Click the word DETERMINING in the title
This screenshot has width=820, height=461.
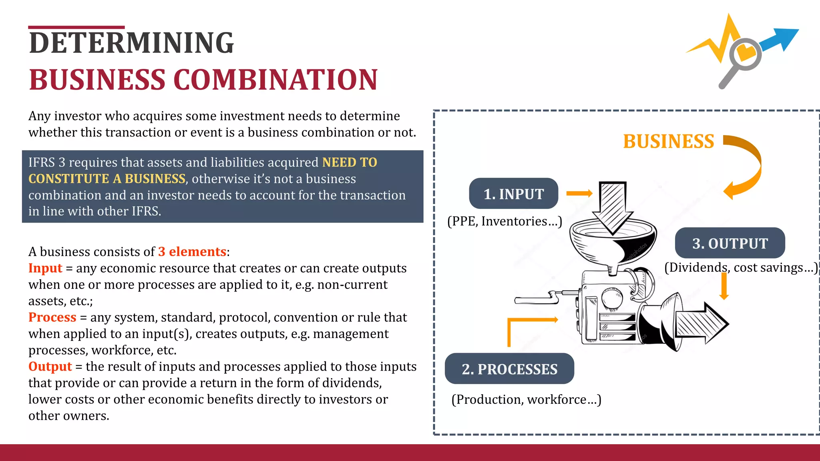tap(131, 43)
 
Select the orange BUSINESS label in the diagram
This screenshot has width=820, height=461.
tap(668, 142)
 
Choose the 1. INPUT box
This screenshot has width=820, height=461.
tap(513, 194)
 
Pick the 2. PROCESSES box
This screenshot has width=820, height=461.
tap(509, 369)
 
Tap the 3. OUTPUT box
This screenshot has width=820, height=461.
tap(730, 243)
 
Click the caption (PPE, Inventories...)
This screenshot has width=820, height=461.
tap(504, 221)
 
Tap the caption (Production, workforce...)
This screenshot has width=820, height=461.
tap(526, 399)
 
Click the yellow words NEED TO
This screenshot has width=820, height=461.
tap(350, 162)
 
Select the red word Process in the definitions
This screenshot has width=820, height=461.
tap(52, 317)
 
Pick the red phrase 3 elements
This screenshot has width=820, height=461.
tap(192, 252)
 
